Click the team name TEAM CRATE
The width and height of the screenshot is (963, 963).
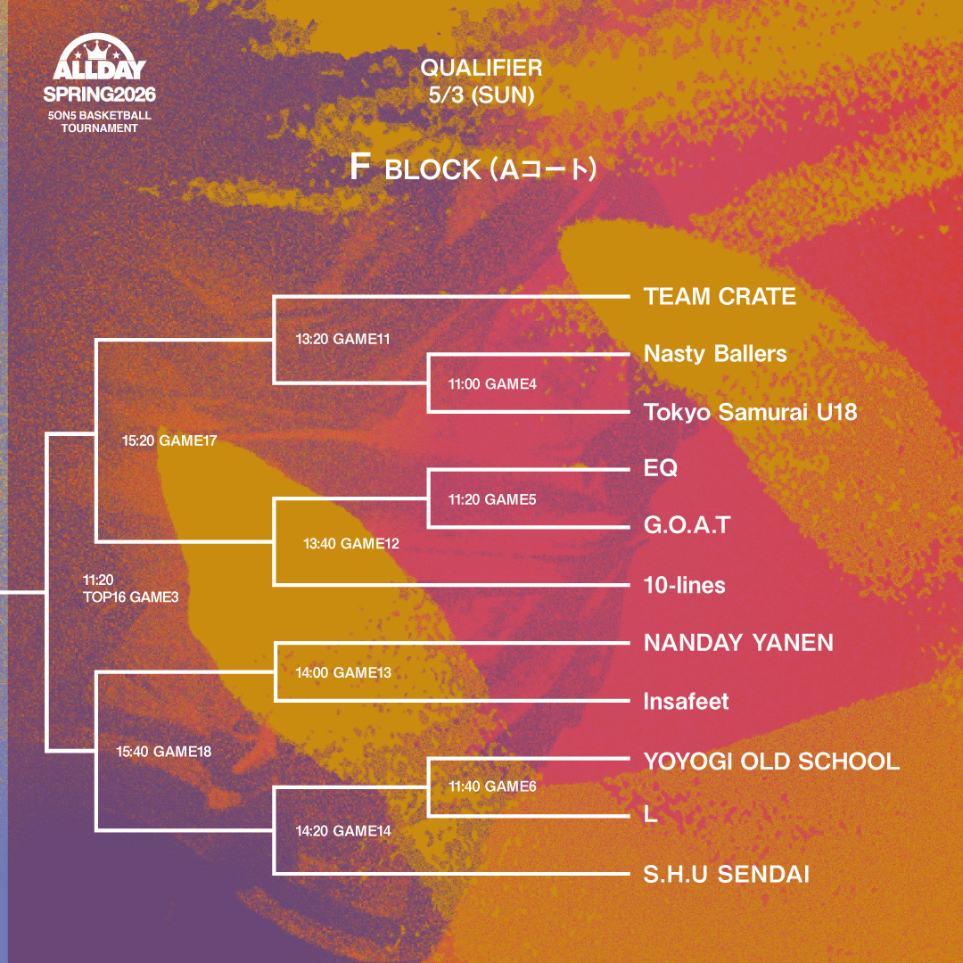[x=720, y=297]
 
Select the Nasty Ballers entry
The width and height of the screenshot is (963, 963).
[x=715, y=354]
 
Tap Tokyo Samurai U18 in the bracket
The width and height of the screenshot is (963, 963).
[x=750, y=412]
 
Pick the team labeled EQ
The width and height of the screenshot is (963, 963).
[x=661, y=468]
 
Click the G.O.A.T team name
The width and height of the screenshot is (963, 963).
[x=687, y=525]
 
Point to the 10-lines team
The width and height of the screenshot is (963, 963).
[x=685, y=586]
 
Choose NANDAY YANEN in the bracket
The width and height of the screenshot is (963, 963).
[x=738, y=643]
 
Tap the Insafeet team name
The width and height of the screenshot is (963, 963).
[x=686, y=702]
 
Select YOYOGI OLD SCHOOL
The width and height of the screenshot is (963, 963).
[x=771, y=761]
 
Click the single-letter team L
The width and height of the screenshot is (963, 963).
[x=650, y=815]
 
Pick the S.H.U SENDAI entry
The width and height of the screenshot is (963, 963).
[x=726, y=875]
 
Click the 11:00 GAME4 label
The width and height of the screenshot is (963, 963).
[x=492, y=384]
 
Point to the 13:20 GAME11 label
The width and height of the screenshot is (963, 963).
[x=343, y=339]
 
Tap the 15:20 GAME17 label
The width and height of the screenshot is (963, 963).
[x=169, y=440]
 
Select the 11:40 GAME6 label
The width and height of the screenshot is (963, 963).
[x=492, y=786]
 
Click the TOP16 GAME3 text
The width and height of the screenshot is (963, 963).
[x=130, y=597]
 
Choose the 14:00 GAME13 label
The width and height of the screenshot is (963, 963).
[x=343, y=672]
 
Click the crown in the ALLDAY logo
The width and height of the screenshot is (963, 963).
[x=99, y=47]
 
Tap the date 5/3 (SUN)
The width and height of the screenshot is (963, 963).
[x=481, y=95]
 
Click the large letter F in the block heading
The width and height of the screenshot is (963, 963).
[x=359, y=169]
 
